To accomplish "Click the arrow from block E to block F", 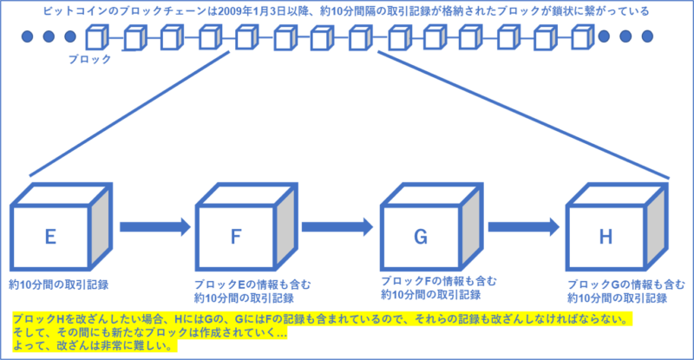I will (154, 227).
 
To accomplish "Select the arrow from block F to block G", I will (339, 227).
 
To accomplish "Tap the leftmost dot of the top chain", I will (27, 37).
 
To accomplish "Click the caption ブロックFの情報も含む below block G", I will (439, 280).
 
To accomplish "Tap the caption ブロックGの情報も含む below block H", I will (617, 285).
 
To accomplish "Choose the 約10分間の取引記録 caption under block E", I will (58, 285).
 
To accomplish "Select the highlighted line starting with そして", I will (148, 332).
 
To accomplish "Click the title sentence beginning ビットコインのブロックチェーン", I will (347, 12).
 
